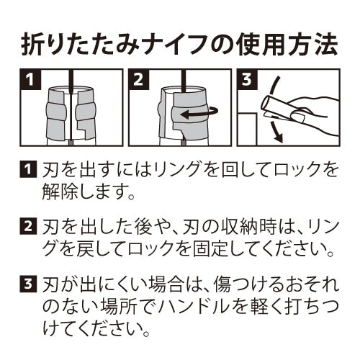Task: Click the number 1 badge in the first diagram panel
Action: click(30, 79)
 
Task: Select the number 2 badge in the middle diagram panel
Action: click(138, 79)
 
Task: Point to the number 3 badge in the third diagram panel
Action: click(247, 79)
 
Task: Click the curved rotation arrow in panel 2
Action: click(200, 113)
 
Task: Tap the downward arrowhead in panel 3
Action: click(278, 138)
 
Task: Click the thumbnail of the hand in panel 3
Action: click(297, 117)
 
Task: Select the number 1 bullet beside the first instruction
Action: click(28, 170)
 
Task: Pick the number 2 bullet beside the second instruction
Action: click(28, 226)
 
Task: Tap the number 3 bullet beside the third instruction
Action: click(28, 283)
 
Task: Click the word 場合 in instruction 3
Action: click(168, 283)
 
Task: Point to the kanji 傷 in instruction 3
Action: click(222, 283)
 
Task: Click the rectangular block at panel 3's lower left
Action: click(247, 130)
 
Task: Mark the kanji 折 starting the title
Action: click(30, 45)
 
